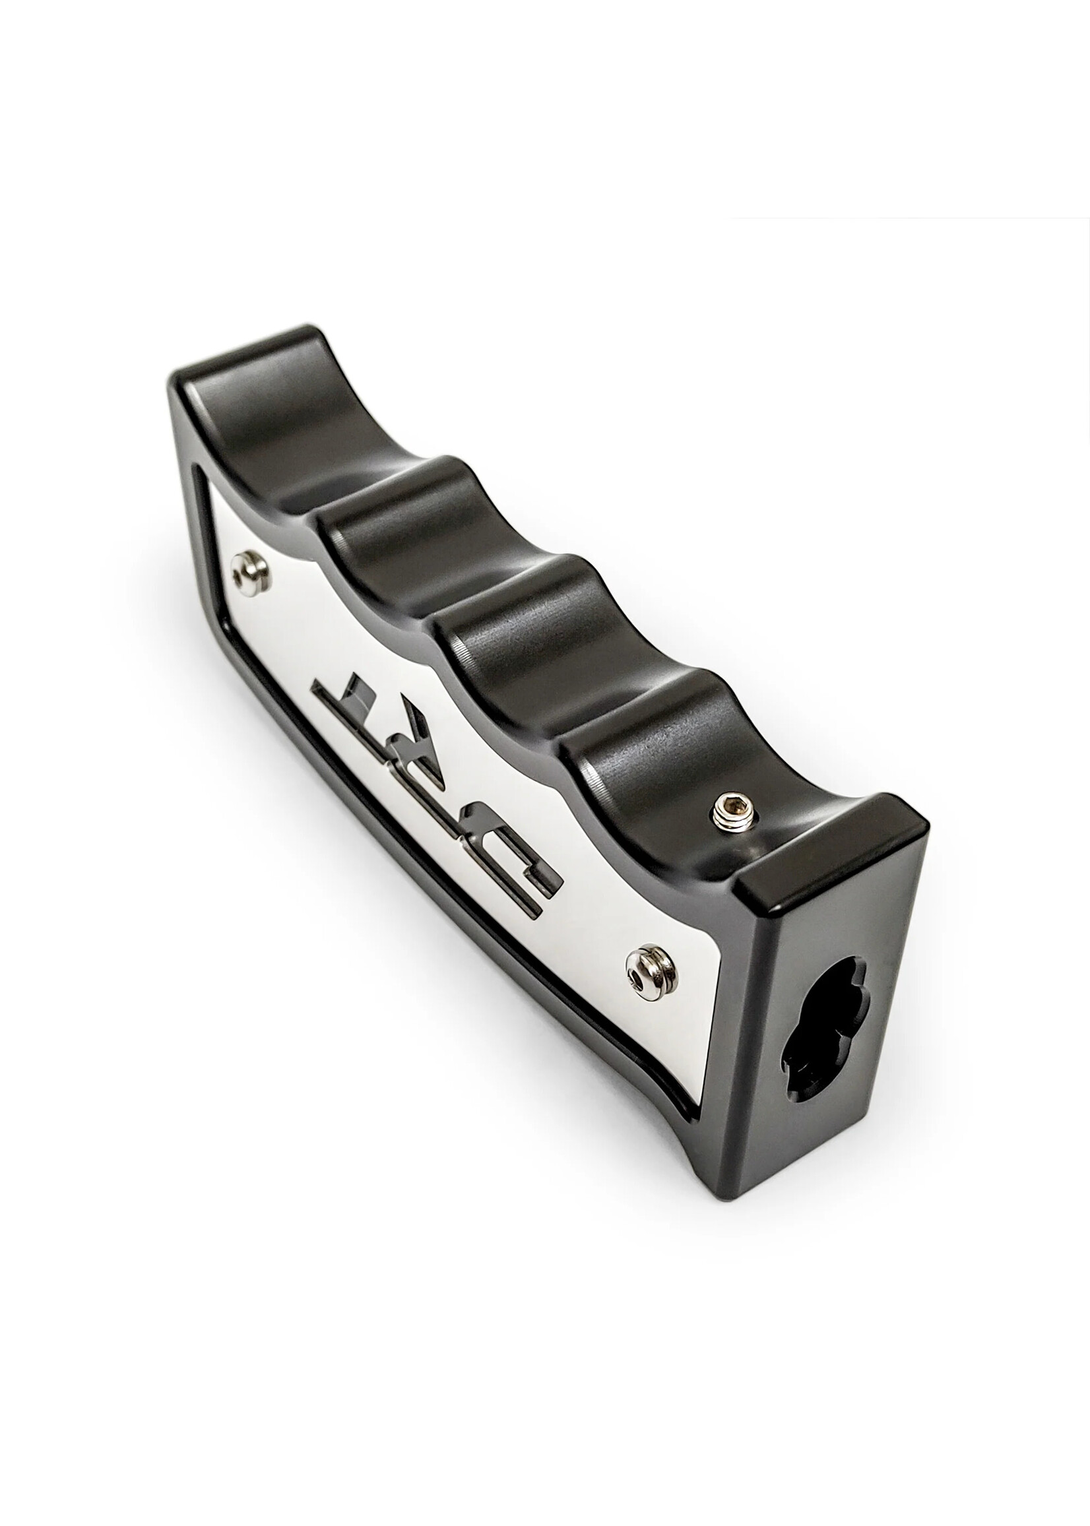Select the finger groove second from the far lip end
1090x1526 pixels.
(x=396, y=530)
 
